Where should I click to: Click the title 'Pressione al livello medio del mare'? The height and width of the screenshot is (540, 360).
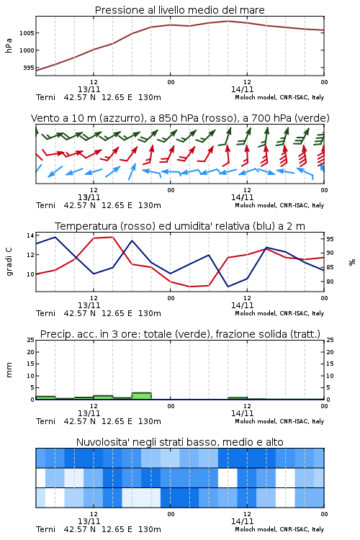click(x=179, y=10)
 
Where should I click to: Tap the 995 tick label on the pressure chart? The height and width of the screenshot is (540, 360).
click(x=29, y=68)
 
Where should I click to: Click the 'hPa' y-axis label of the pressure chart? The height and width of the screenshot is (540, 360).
click(x=9, y=45)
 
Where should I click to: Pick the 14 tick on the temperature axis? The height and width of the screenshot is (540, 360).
click(x=30, y=235)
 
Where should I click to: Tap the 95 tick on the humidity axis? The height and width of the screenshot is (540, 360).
click(x=330, y=239)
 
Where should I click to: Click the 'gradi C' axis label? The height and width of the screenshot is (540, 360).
click(x=9, y=261)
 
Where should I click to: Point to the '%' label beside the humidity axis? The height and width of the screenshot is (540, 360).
click(x=352, y=262)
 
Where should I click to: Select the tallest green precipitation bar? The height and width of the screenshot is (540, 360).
click(x=142, y=396)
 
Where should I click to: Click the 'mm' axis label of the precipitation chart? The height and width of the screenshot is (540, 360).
click(x=9, y=369)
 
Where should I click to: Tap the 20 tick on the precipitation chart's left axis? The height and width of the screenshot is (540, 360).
click(x=30, y=352)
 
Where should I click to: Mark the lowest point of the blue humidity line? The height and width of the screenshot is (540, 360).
click(x=228, y=287)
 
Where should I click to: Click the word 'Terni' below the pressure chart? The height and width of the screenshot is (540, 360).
click(x=46, y=97)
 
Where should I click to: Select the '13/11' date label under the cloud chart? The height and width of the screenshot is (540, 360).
click(x=89, y=521)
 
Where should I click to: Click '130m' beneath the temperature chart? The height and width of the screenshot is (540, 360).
click(x=150, y=313)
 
